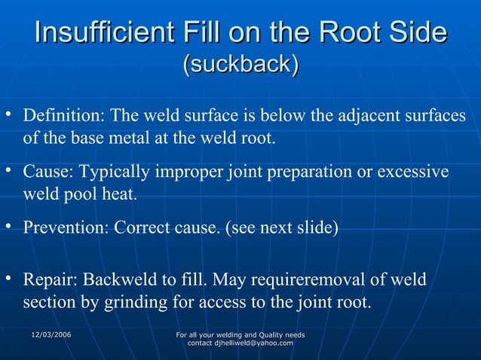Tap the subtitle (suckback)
[240, 65]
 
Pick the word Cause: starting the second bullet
[47, 173]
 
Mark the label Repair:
[50, 281]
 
